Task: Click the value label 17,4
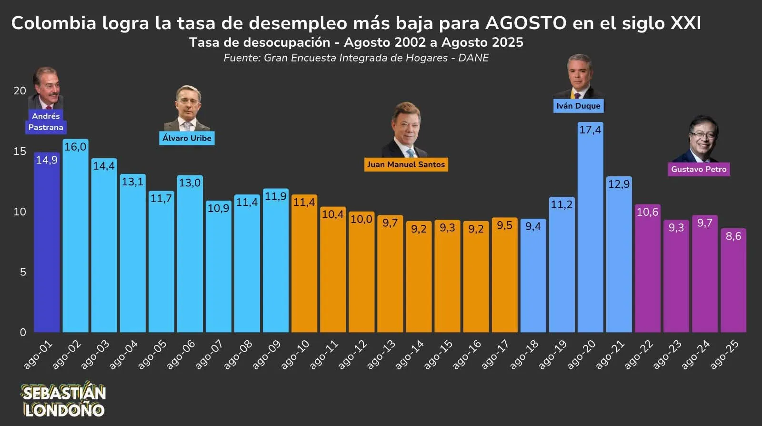tap(590, 130)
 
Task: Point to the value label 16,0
tap(75, 147)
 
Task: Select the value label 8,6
tap(733, 236)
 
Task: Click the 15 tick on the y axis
tap(20, 152)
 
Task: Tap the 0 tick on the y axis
tap(23, 333)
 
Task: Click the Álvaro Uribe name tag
tap(187, 138)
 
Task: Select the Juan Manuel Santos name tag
tap(406, 164)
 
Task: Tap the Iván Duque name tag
tap(578, 106)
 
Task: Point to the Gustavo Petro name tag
tap(699, 169)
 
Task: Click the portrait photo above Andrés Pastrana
tap(46, 88)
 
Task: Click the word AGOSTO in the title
tap(526, 23)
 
